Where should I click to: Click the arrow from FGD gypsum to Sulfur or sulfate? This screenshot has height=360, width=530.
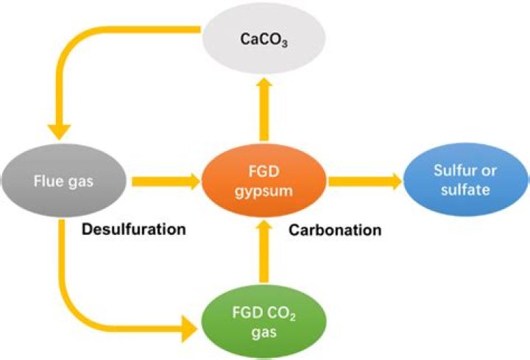coord(365,179)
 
